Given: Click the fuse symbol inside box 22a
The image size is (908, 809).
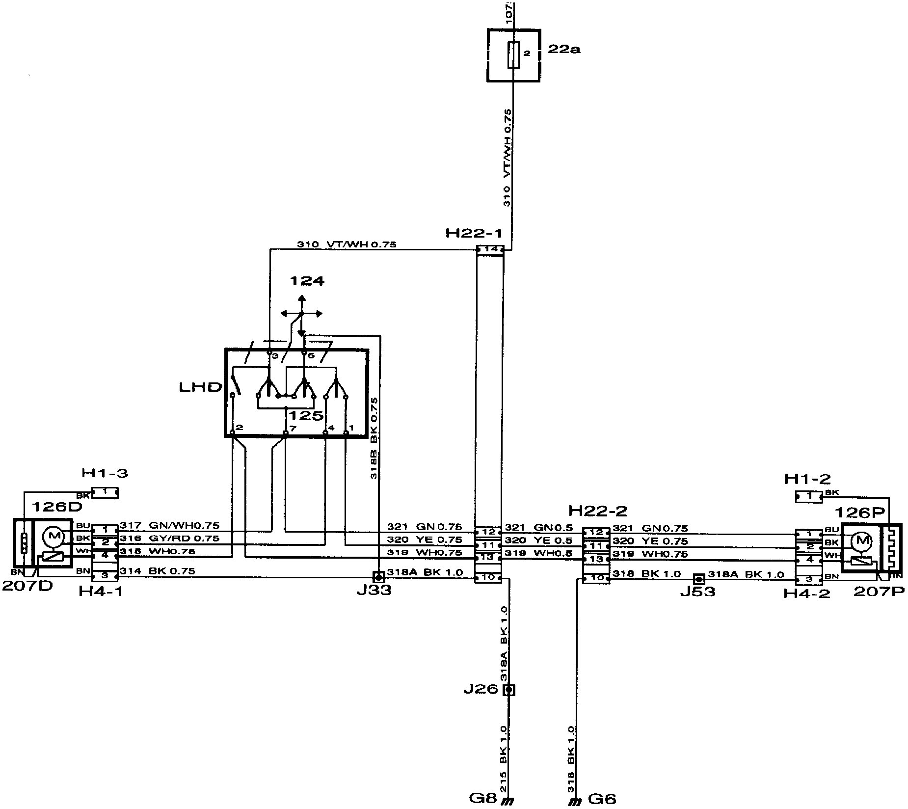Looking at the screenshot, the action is click(513, 54).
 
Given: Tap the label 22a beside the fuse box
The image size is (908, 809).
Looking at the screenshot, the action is click(563, 50).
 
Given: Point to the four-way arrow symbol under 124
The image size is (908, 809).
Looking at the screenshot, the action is click(301, 314).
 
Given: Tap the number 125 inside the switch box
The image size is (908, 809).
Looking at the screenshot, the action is click(306, 415).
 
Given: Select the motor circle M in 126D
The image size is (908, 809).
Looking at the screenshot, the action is click(53, 537).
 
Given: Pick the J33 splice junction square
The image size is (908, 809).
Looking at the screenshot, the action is click(378, 576).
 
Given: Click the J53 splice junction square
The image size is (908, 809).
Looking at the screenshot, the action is click(699, 579).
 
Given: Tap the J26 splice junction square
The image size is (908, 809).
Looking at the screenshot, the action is click(509, 690).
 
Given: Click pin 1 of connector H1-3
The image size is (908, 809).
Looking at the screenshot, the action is click(105, 492).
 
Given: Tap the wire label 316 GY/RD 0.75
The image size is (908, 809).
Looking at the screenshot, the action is click(169, 539).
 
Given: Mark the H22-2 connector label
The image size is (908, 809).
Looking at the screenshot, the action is click(597, 511).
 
